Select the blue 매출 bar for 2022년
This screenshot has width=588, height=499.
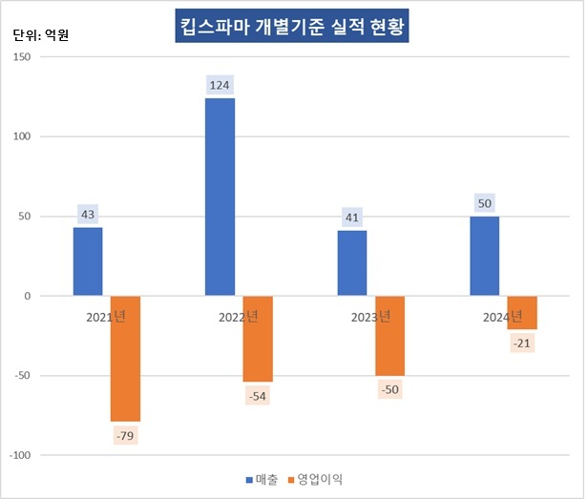[x=220, y=197]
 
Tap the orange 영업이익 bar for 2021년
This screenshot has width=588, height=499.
[x=125, y=358]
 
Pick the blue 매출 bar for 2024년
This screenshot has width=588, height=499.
[x=484, y=256]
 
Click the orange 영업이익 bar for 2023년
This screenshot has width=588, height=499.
[x=389, y=336]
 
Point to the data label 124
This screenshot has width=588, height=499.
[x=220, y=85]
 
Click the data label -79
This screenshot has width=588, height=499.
[x=125, y=435]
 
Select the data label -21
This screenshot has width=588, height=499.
[x=521, y=343]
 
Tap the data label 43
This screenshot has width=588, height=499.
[x=88, y=215]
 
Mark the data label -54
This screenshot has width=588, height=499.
[x=257, y=395]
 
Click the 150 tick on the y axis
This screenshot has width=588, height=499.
[x=20, y=56]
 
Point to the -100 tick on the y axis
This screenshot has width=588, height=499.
[x=18, y=455]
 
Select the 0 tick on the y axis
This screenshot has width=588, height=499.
[x=27, y=296]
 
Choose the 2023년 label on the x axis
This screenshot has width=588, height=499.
[x=368, y=316]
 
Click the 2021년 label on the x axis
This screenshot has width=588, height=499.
[x=104, y=316]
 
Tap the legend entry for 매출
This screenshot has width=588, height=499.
[x=262, y=479]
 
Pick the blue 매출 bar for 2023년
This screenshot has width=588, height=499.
[x=352, y=263]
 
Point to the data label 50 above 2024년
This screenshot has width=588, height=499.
[x=484, y=202]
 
